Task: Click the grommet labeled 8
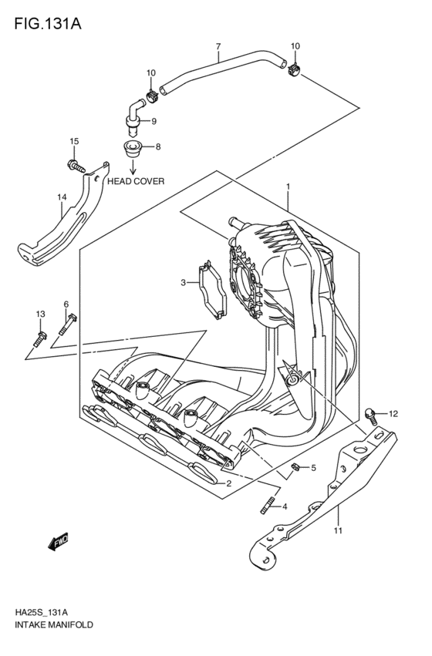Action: click(x=133, y=146)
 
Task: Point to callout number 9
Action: click(x=154, y=121)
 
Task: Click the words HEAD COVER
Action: click(x=136, y=182)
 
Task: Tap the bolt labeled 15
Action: click(x=74, y=164)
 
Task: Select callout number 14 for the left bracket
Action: click(x=62, y=197)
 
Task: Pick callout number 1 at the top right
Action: click(x=287, y=187)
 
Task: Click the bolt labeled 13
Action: click(x=41, y=336)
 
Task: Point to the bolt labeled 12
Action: click(x=372, y=416)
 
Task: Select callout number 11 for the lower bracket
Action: click(x=336, y=531)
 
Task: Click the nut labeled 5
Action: click(x=295, y=467)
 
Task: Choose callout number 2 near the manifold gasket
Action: click(x=229, y=483)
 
